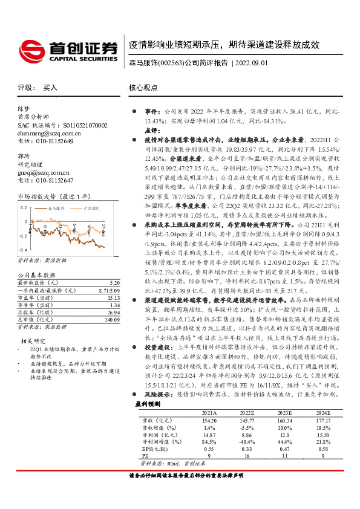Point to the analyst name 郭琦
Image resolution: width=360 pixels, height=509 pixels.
click(x=24, y=156)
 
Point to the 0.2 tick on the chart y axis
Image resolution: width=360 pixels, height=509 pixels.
click(x=24, y=207)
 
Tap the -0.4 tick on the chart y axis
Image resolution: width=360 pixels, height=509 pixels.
click(x=24, y=250)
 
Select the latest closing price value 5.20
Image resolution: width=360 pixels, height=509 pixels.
click(x=114, y=282)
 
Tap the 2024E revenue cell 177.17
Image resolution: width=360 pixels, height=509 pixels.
click(x=322, y=420)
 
